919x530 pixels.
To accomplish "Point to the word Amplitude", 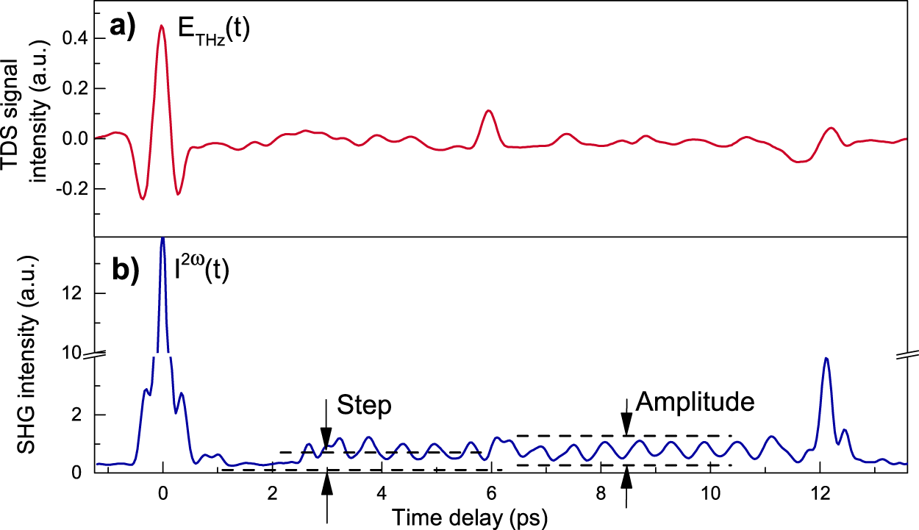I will coord(695,401).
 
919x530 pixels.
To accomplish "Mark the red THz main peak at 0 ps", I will coord(162,26).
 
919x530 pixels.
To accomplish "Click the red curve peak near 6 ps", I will coord(488,110).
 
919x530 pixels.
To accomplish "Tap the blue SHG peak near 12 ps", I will coord(826,358).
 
